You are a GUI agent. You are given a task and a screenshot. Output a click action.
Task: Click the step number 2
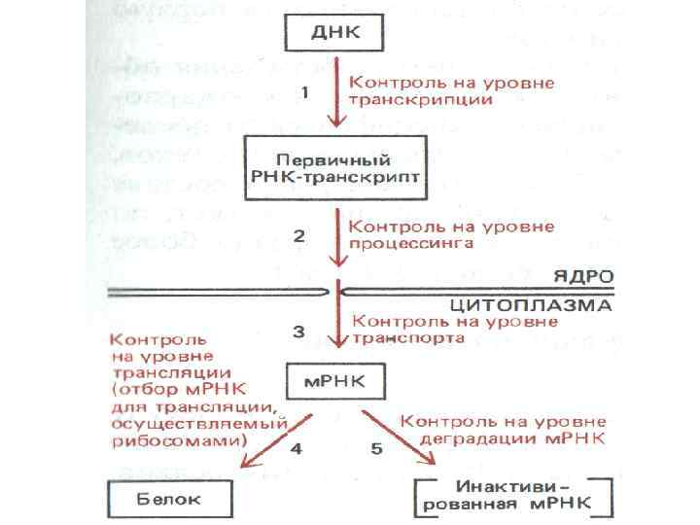tap(299, 236)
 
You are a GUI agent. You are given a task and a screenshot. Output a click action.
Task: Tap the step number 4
tap(297, 450)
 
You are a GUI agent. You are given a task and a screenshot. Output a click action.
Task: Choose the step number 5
tap(375, 450)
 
